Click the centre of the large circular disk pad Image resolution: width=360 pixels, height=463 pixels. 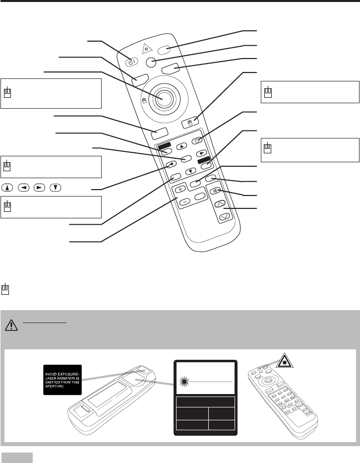coord(164,97)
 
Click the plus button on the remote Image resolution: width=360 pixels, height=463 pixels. coord(180,189)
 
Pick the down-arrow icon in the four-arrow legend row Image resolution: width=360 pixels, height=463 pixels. coord(58,189)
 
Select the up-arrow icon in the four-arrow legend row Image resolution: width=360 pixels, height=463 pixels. coord(7,189)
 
